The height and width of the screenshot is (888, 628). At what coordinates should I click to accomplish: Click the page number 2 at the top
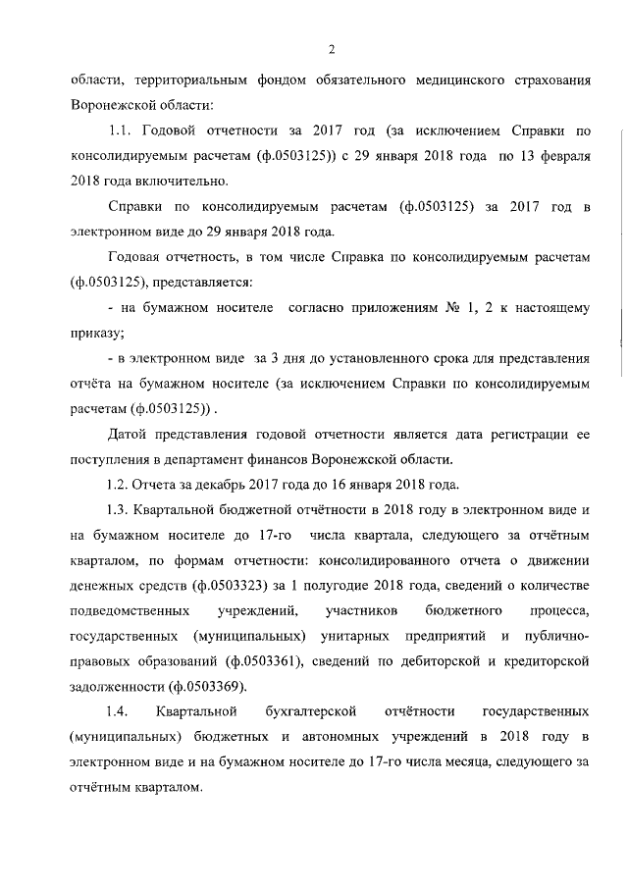(333, 50)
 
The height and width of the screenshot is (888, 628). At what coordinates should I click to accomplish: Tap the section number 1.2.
(120, 485)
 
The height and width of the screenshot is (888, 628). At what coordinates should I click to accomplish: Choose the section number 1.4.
(120, 709)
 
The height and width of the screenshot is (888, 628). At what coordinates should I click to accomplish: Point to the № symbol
(454, 308)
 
